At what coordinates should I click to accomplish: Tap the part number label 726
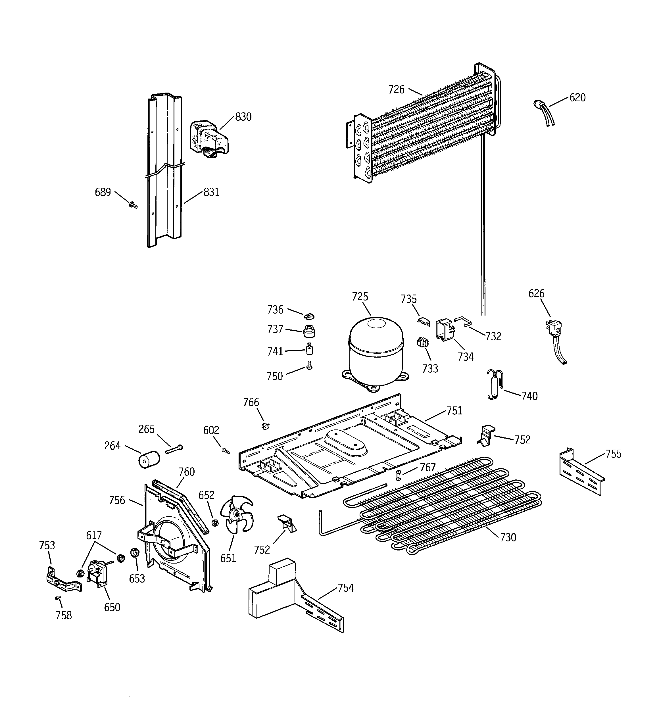point(396,89)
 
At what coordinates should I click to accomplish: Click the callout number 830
point(243,117)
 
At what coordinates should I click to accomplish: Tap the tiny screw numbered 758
point(58,598)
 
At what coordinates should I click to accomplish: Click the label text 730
point(508,537)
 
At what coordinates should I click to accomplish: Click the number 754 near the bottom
point(345,588)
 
